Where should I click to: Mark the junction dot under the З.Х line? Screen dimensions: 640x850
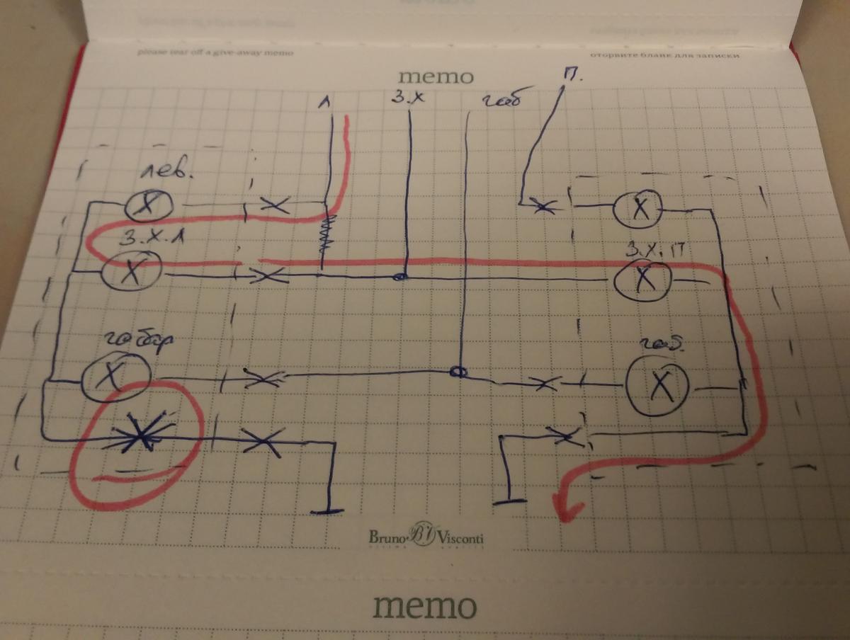click(x=400, y=278)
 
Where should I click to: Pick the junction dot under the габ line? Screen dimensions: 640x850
click(x=459, y=372)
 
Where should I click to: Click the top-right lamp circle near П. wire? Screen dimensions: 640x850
click(x=637, y=208)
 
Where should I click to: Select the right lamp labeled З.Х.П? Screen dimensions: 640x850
click(x=643, y=280)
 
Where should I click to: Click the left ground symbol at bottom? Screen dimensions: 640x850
click(x=326, y=510)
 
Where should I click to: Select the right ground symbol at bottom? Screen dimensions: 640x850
click(x=510, y=501)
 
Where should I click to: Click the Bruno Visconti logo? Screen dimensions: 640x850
click(x=426, y=537)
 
